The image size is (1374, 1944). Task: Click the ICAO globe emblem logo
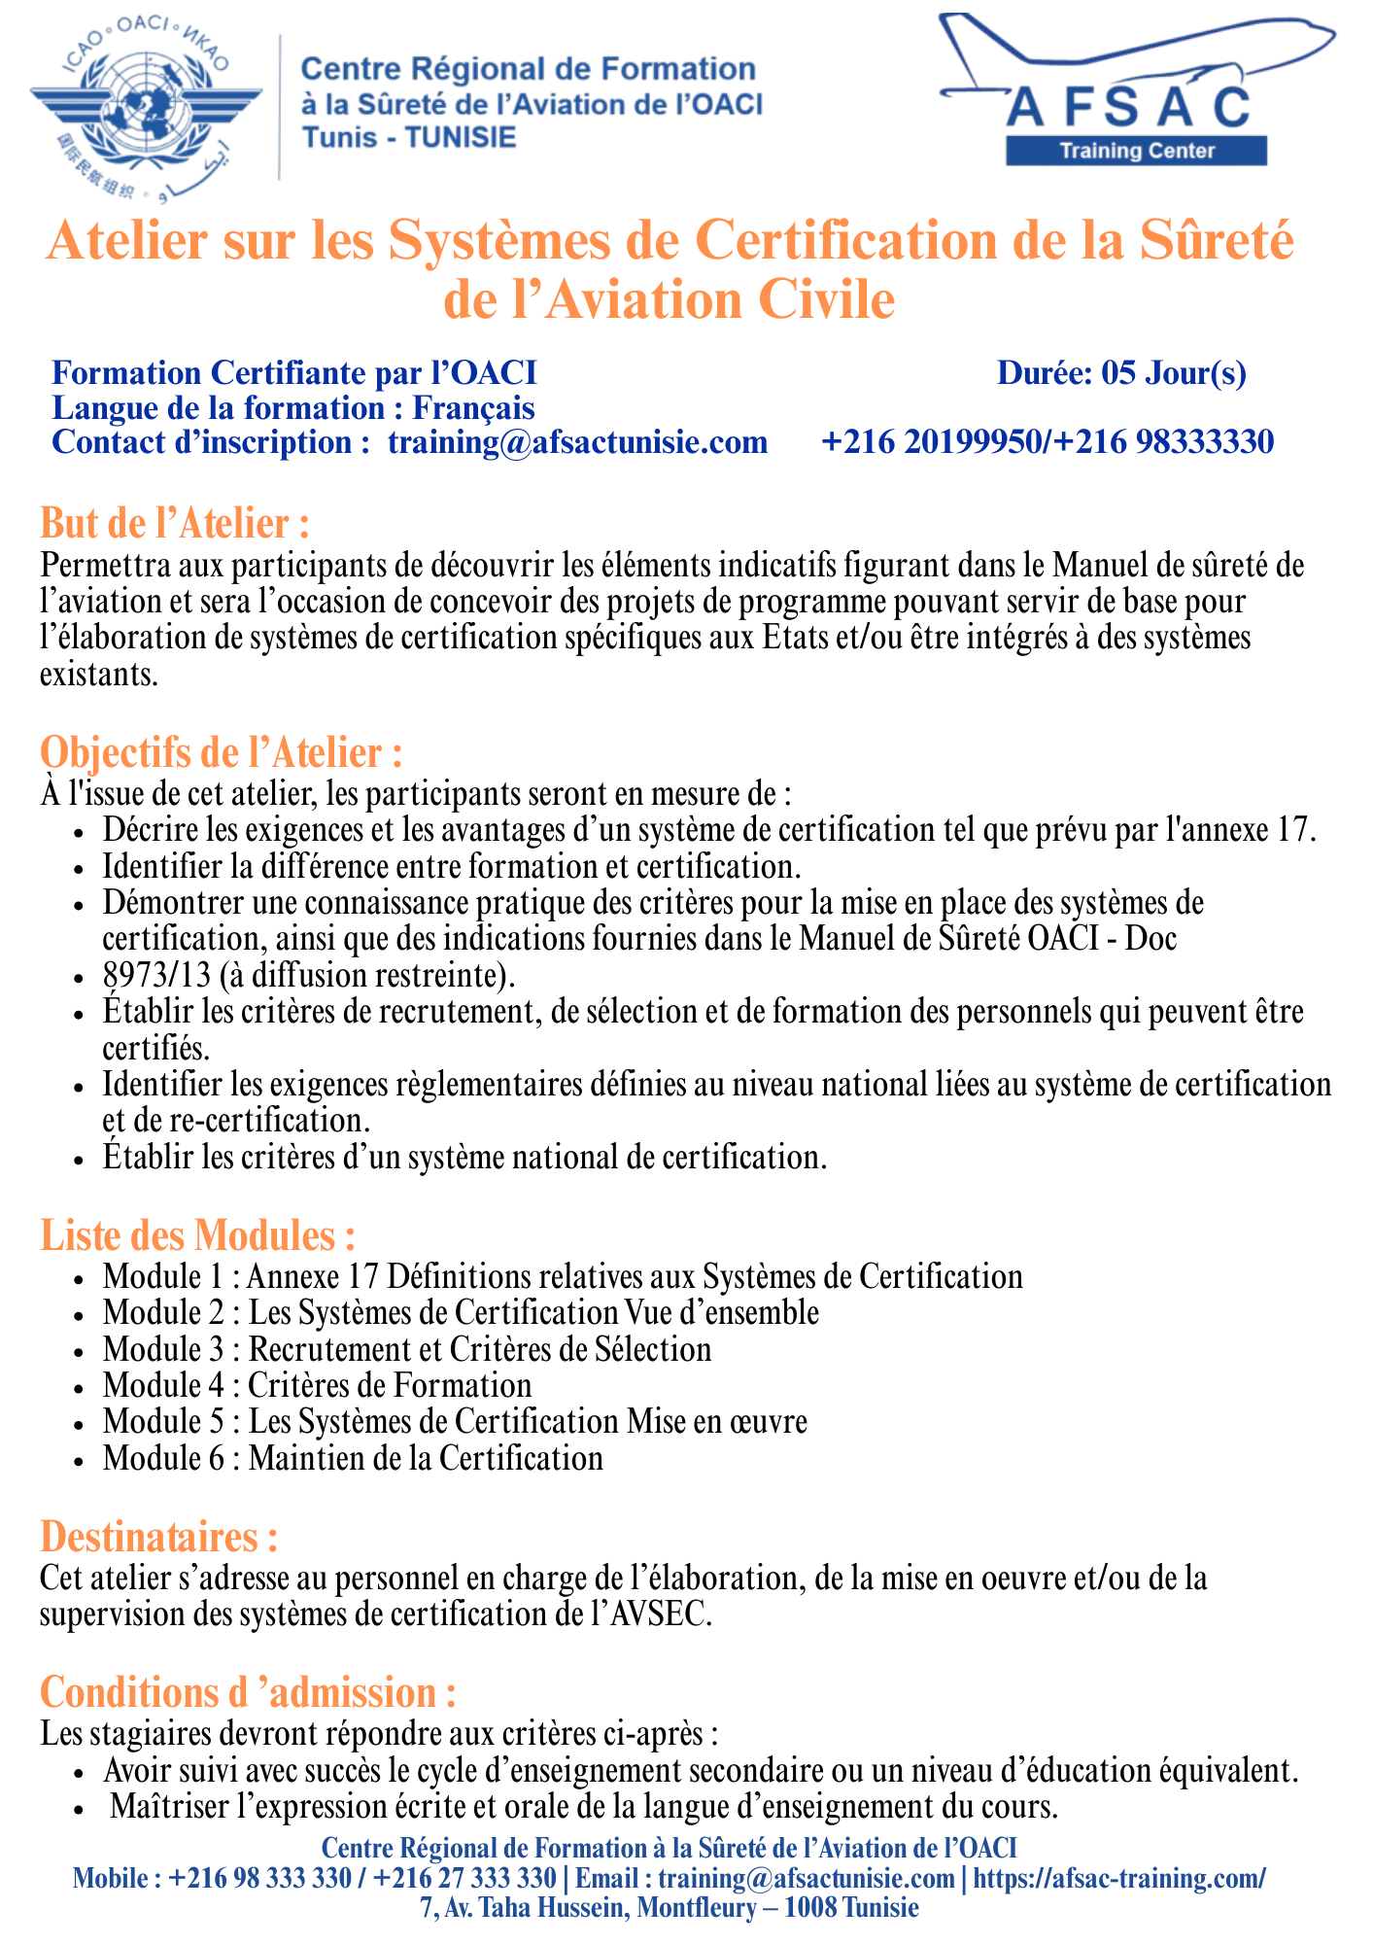click(146, 107)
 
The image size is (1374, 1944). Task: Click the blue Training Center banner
click(1136, 151)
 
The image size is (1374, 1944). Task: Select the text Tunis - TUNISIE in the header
click(409, 137)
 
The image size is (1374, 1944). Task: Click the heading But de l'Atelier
click(175, 524)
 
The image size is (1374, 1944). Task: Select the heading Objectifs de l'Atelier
click(221, 753)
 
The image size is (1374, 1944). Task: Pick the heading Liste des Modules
click(197, 1235)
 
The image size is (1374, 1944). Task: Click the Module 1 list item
click(563, 1276)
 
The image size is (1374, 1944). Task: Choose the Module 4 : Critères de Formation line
click(318, 1385)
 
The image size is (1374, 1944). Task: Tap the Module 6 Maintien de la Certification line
click(353, 1458)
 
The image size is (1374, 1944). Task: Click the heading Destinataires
click(159, 1537)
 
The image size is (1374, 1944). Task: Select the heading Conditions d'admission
click(248, 1692)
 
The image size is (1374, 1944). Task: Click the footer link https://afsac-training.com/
click(1118, 1878)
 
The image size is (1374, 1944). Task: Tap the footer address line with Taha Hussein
click(670, 1907)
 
